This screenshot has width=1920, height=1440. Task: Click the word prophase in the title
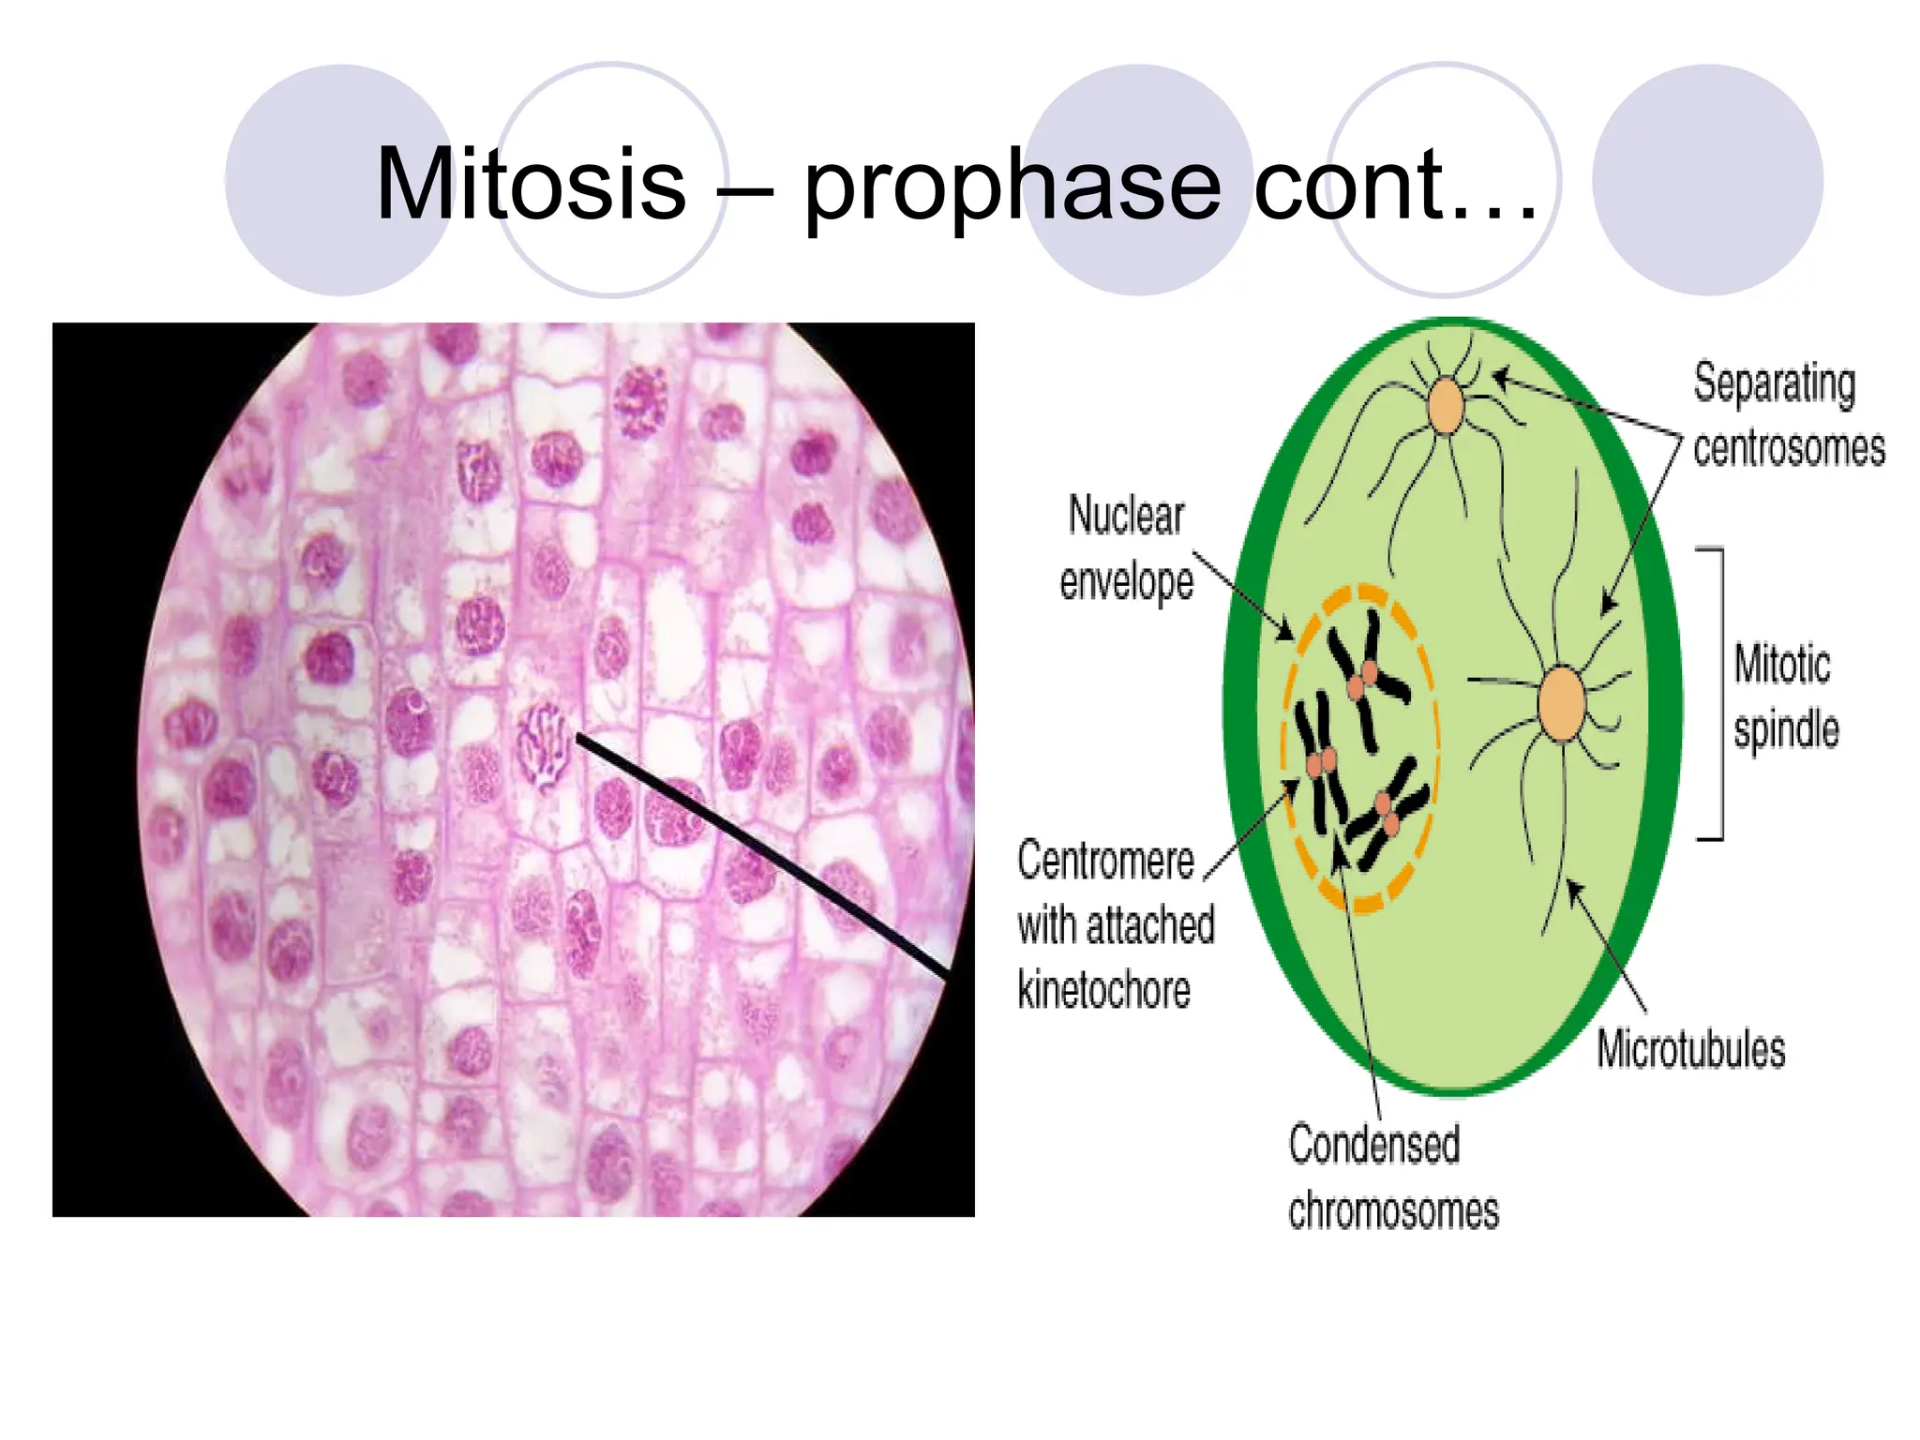click(x=1012, y=187)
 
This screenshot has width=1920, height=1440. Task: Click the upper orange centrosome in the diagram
click(x=1446, y=406)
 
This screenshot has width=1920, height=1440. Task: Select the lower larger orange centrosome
click(x=1562, y=703)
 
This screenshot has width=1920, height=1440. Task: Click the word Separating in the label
click(x=1774, y=384)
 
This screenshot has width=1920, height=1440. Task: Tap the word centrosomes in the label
click(x=1789, y=448)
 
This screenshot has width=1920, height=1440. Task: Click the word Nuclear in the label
click(x=1126, y=516)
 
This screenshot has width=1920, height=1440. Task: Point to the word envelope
click(x=1126, y=581)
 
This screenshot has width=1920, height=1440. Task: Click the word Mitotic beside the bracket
click(x=1781, y=664)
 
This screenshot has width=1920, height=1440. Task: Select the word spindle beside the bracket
click(x=1786, y=729)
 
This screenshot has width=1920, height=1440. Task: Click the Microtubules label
click(x=1690, y=1048)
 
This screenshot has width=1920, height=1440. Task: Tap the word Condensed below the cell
click(x=1373, y=1145)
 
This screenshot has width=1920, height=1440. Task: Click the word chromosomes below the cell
click(x=1393, y=1210)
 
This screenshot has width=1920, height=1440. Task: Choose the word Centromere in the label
click(x=1105, y=860)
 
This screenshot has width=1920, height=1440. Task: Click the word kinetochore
click(x=1103, y=990)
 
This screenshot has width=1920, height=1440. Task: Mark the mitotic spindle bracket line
click(x=1721, y=694)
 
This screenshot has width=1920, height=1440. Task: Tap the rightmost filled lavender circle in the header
click(x=1707, y=180)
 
